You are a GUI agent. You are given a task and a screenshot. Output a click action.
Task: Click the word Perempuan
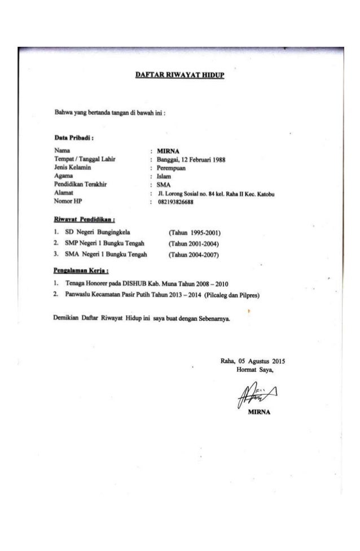[x=172, y=168]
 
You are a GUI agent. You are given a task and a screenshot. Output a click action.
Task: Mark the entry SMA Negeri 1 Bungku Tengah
[x=106, y=255]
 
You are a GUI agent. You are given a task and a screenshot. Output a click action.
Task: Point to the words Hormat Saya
[x=256, y=370]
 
